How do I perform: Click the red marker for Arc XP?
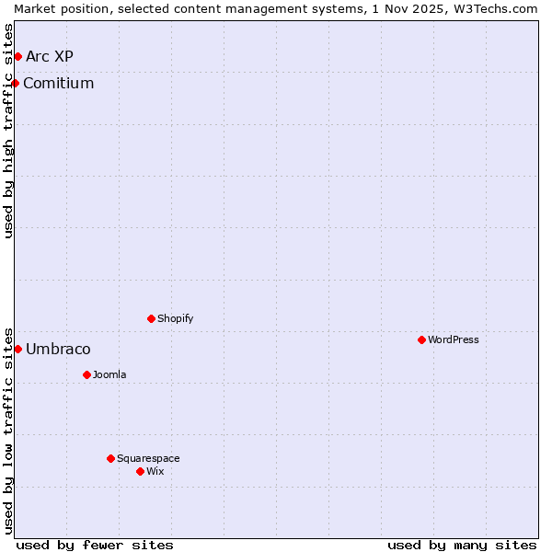17,57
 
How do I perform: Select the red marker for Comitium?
15,84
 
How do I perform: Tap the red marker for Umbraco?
17,350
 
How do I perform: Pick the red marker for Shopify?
151,319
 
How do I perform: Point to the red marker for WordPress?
421,340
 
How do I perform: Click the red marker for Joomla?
86,375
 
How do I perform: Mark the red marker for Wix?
140,472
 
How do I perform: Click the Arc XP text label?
50,57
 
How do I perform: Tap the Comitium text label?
59,84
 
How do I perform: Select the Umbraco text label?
58,350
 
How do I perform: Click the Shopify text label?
175,319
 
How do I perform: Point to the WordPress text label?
453,340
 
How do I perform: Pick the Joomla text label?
109,375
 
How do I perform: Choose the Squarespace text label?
148,459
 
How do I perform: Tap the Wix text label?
155,472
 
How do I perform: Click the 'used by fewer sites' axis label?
95,545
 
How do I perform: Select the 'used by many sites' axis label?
462,545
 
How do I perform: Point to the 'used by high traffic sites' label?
8,131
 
